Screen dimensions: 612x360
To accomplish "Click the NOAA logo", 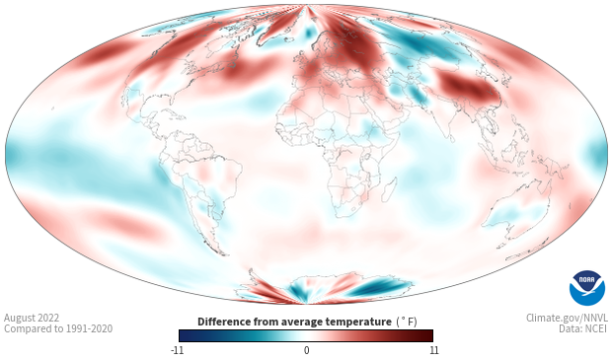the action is pos(587,288).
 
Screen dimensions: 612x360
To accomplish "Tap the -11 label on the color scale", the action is pos(178,350).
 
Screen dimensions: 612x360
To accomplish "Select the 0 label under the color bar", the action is pos(306,350).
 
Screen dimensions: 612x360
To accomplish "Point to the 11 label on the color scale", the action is pos(433,350).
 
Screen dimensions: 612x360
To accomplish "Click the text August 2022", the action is pos(32,318).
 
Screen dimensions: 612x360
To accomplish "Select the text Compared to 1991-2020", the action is pos(58,328).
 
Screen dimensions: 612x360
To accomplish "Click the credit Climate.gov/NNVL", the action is pos(568,318).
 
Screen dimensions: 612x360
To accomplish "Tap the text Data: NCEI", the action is pos(583,328).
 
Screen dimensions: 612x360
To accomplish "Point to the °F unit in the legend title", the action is pos(407,322).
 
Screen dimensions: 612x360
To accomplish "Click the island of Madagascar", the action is pos(388,189).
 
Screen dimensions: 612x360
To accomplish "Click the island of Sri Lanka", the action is pos(451,138).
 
